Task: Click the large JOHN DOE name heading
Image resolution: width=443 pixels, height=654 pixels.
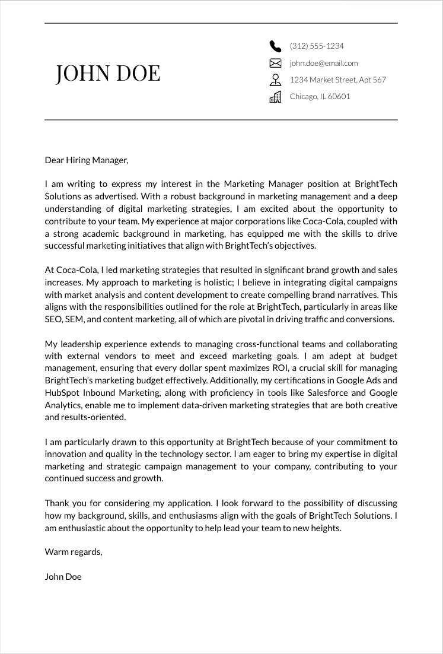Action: click(108, 72)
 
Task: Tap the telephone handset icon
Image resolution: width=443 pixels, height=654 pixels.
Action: click(275, 46)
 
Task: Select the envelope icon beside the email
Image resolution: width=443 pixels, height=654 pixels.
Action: click(275, 63)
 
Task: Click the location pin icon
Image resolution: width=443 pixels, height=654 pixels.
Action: click(275, 80)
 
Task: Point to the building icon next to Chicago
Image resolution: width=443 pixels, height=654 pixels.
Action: click(275, 97)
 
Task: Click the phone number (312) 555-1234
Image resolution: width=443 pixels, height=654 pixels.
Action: click(317, 46)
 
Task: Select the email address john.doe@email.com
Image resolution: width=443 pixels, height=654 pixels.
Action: click(324, 63)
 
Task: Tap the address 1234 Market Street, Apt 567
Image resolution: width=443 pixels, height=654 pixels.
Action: click(337, 80)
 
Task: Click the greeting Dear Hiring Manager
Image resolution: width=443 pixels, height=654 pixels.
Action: click(87, 160)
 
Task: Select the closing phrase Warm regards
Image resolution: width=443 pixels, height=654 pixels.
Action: click(74, 552)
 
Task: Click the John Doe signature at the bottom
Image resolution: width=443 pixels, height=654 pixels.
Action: click(63, 577)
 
